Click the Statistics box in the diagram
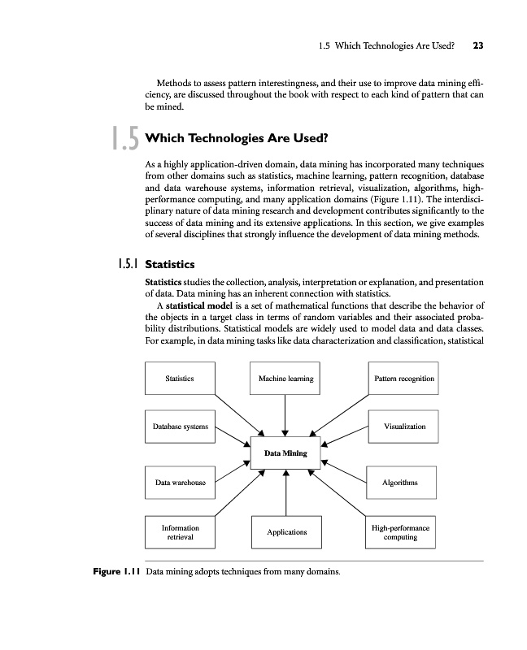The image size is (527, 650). [x=179, y=379]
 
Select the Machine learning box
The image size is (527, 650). [x=285, y=379]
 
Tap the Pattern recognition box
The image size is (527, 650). [x=403, y=379]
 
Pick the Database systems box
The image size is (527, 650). [x=180, y=427]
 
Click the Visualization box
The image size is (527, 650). [x=403, y=427]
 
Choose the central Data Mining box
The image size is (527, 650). [x=285, y=453]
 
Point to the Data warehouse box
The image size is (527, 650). [x=180, y=483]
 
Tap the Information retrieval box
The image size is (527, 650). [x=180, y=532]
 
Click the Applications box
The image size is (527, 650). [x=286, y=532]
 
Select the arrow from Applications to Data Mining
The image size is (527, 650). [x=285, y=492]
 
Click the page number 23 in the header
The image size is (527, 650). [x=477, y=46]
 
